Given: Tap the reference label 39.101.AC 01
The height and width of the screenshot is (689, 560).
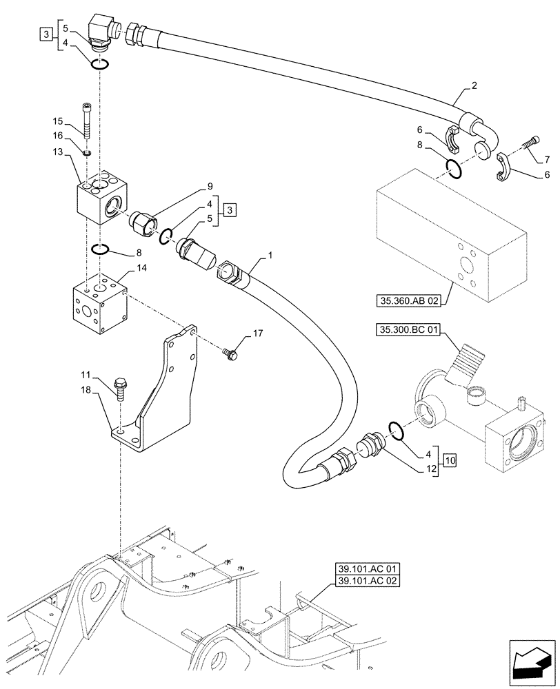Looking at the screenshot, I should [369, 569].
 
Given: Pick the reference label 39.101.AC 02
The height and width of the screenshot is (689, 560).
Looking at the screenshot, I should [369, 582].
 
